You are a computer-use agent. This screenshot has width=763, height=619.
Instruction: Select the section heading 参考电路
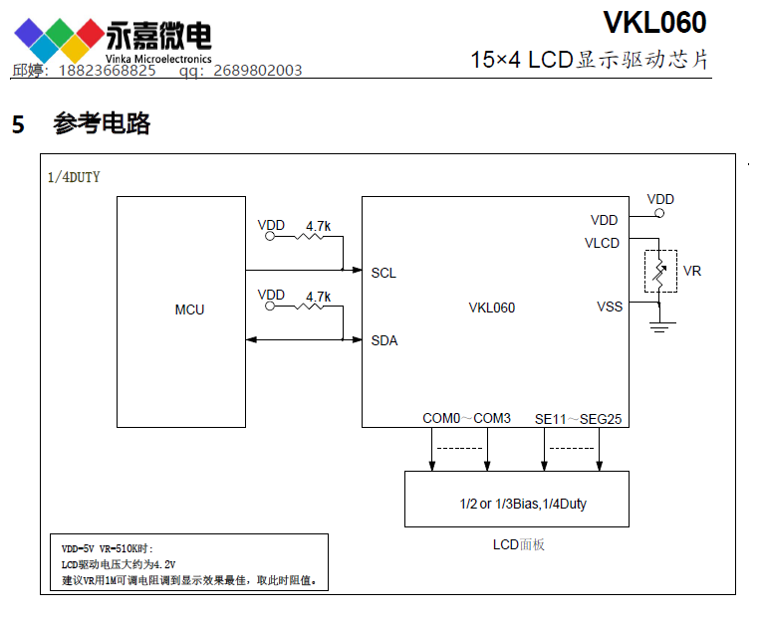pyautogui.click(x=102, y=124)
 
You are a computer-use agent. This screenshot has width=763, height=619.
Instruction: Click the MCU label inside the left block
pyautogui.click(x=189, y=309)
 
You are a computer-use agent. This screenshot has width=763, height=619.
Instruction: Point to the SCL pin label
pyautogui.click(x=383, y=273)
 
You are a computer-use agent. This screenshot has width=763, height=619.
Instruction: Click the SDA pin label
pyautogui.click(x=384, y=340)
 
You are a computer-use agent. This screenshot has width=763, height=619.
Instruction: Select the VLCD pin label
pyautogui.click(x=602, y=243)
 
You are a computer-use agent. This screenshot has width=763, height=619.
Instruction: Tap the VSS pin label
pyautogui.click(x=610, y=307)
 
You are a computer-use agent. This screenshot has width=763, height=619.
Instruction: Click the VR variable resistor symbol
pyautogui.click(x=659, y=271)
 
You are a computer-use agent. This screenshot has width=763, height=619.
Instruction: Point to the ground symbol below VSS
pyautogui.click(x=658, y=325)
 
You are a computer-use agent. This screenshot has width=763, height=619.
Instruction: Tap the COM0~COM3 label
pyautogui.click(x=466, y=419)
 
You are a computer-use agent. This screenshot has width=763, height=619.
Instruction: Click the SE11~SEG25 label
pyautogui.click(x=578, y=419)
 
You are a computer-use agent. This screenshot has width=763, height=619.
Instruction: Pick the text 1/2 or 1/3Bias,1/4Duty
pyautogui.click(x=516, y=504)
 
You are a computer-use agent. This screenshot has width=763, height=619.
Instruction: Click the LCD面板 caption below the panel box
pyautogui.click(x=518, y=544)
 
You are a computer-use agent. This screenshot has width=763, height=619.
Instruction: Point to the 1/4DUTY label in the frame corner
pyautogui.click(x=74, y=178)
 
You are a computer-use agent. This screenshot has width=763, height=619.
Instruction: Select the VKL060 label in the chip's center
pyautogui.click(x=491, y=308)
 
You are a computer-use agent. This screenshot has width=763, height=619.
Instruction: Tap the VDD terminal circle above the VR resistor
pyautogui.click(x=658, y=212)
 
